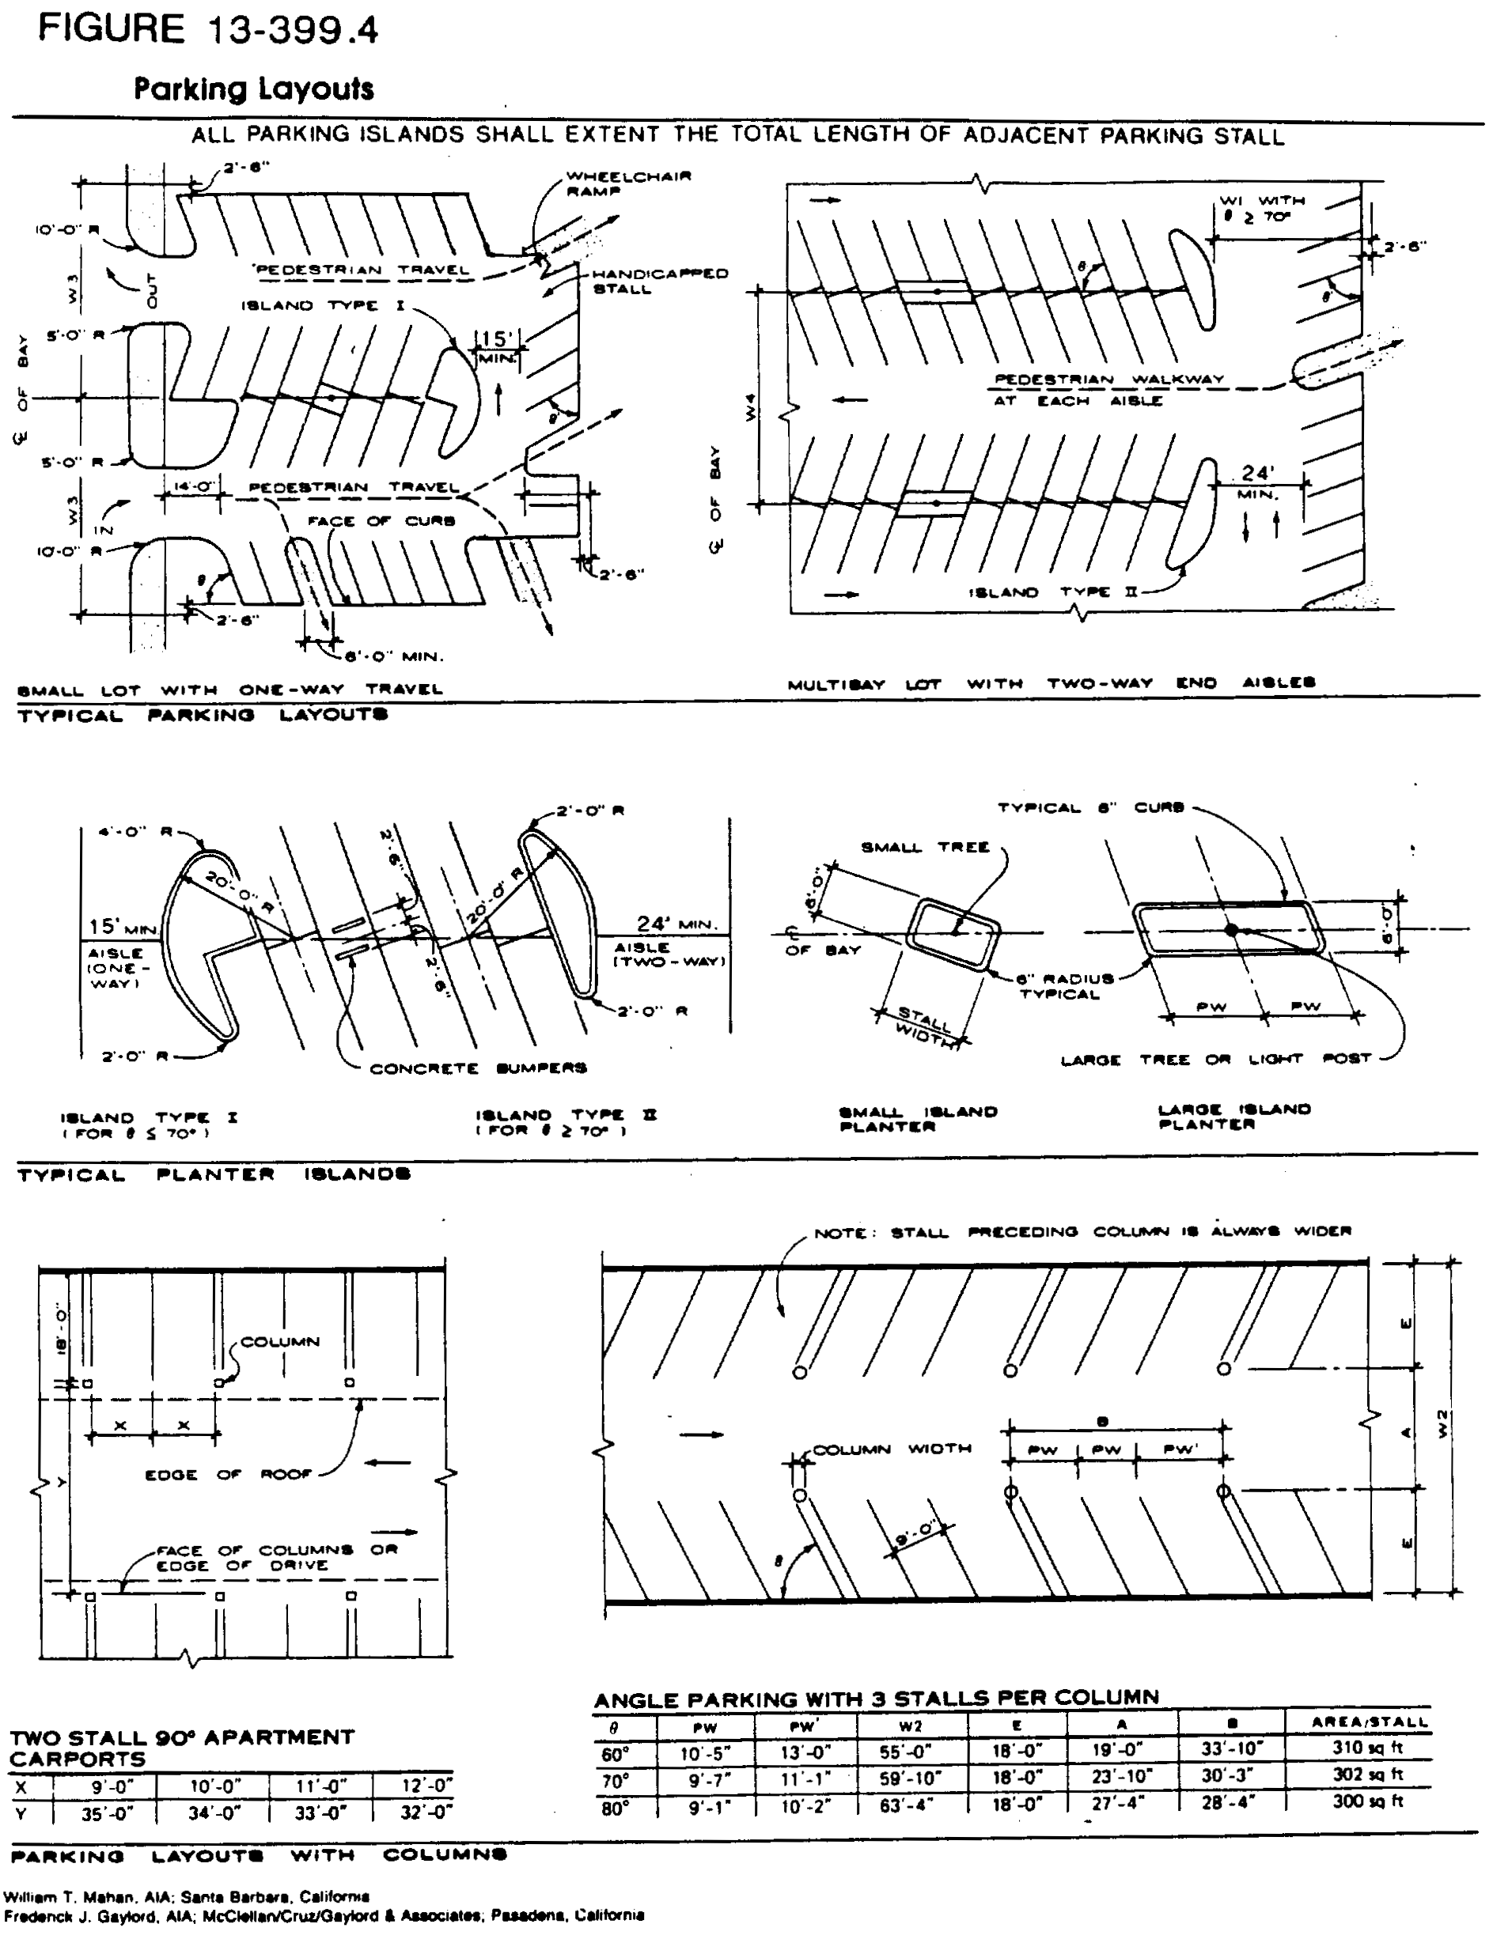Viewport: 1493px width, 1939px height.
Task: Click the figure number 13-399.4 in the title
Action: coord(292,30)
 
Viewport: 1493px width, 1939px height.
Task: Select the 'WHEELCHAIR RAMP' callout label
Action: coord(628,183)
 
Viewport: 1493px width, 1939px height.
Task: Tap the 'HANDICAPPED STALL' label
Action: coord(659,282)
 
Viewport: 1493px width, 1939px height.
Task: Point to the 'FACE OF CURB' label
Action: coord(381,521)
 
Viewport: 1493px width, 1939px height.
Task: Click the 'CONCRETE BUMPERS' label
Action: coord(478,1068)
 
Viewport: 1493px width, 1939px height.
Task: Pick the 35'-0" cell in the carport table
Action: coord(108,1814)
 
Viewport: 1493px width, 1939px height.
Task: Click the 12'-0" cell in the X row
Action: coord(426,1785)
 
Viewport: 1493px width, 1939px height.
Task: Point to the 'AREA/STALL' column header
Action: coord(1369,1722)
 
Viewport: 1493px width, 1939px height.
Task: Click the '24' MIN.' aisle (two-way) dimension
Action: coord(676,925)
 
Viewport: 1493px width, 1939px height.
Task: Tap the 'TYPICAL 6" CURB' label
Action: coord(1089,808)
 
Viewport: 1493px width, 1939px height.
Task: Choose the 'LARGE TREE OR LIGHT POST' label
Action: coord(1217,1059)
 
